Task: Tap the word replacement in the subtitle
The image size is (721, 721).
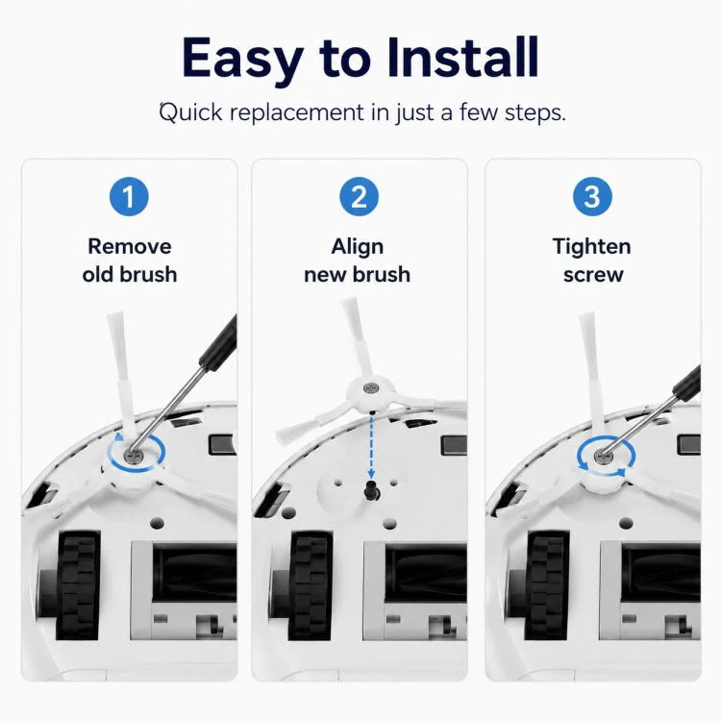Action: click(297, 112)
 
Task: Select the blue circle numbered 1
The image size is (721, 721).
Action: click(129, 196)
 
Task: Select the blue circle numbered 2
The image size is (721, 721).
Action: click(360, 196)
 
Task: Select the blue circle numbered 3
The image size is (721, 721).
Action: click(592, 196)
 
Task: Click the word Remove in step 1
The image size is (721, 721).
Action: click(130, 246)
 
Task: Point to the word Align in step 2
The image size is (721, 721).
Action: click(358, 247)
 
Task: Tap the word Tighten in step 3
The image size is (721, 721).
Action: click(592, 247)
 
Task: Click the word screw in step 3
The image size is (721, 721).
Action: click(593, 275)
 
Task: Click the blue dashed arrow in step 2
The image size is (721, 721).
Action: click(371, 445)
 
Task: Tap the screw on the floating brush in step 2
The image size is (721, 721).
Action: click(371, 388)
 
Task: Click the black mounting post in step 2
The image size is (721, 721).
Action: click(371, 490)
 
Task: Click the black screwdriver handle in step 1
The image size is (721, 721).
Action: click(219, 340)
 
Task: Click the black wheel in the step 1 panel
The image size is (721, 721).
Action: click(77, 585)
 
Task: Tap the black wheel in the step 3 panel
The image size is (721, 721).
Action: click(546, 585)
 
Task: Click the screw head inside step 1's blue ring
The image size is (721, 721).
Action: click(135, 456)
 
